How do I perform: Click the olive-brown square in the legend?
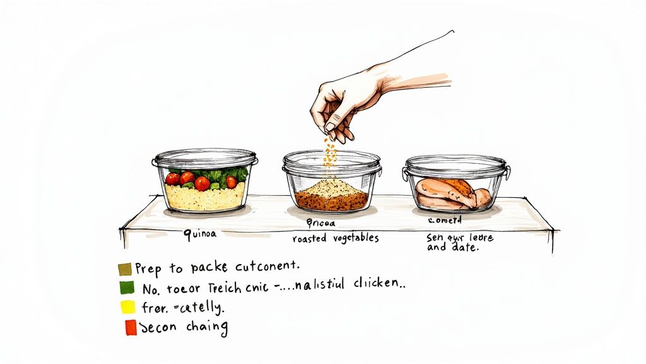(x=124, y=269)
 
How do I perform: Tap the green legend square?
(x=126, y=288)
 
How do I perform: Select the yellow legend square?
(x=128, y=307)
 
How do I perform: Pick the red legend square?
(x=131, y=327)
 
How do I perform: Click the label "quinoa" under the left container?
(x=200, y=234)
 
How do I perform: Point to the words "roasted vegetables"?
(x=335, y=238)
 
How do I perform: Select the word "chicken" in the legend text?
(x=376, y=286)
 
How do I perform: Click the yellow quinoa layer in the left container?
(x=204, y=198)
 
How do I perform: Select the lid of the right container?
(x=455, y=164)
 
